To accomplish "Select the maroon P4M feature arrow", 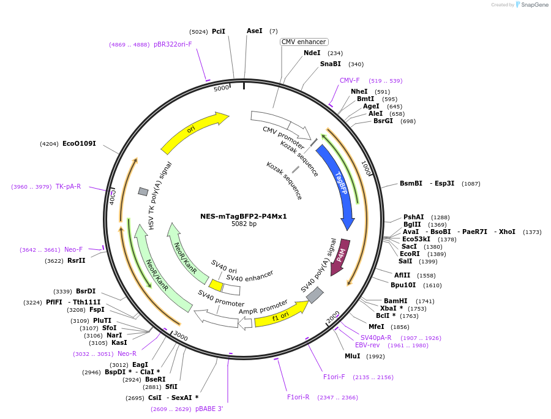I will pyautogui.click(x=340, y=257).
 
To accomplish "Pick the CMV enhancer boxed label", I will pyautogui.click(x=304, y=42).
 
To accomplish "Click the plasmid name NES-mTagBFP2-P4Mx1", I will pyautogui.click(x=243, y=216).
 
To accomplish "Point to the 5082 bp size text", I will pyautogui.click(x=244, y=224).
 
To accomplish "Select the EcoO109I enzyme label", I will pyautogui.click(x=79, y=143).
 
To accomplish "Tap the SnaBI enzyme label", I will pyautogui.click(x=330, y=64).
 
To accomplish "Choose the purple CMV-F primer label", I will pyautogui.click(x=350, y=80).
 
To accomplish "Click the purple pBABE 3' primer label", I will pyautogui.click(x=209, y=409).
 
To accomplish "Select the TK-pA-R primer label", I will pyautogui.click(x=68, y=186).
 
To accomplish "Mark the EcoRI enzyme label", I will pyautogui.click(x=410, y=254).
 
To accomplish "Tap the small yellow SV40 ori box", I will pyautogui.click(x=216, y=285).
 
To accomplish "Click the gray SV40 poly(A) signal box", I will pyautogui.click(x=315, y=295).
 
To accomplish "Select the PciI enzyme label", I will pyautogui.click(x=219, y=31).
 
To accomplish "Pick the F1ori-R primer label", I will pyautogui.click(x=298, y=397).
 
